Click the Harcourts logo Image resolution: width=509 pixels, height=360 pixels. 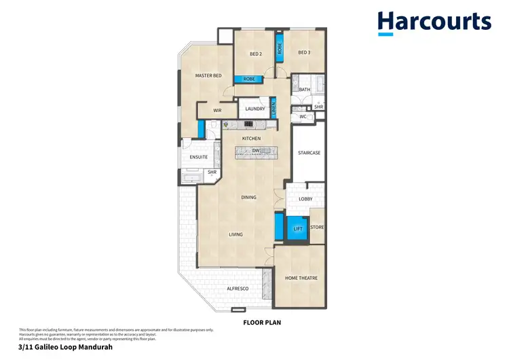(x=434, y=22)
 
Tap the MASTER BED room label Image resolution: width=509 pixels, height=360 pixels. (x=208, y=75)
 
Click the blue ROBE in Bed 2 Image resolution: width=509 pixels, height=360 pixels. (x=249, y=79)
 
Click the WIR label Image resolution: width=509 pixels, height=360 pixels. (x=217, y=110)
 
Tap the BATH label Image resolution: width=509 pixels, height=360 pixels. (x=305, y=90)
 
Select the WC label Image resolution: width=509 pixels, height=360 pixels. (x=303, y=117)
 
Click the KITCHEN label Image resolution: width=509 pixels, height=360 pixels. (x=252, y=139)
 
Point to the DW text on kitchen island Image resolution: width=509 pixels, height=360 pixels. (x=256, y=151)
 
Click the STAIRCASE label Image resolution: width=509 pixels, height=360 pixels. (x=309, y=153)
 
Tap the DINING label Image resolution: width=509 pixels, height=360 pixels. (x=249, y=198)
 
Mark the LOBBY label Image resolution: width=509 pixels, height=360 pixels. (x=305, y=199)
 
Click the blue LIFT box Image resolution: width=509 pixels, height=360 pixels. (x=297, y=229)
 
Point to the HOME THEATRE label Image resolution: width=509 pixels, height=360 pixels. (x=301, y=278)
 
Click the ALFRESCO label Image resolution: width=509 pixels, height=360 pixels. (x=237, y=289)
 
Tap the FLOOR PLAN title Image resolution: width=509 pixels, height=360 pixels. (x=262, y=323)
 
